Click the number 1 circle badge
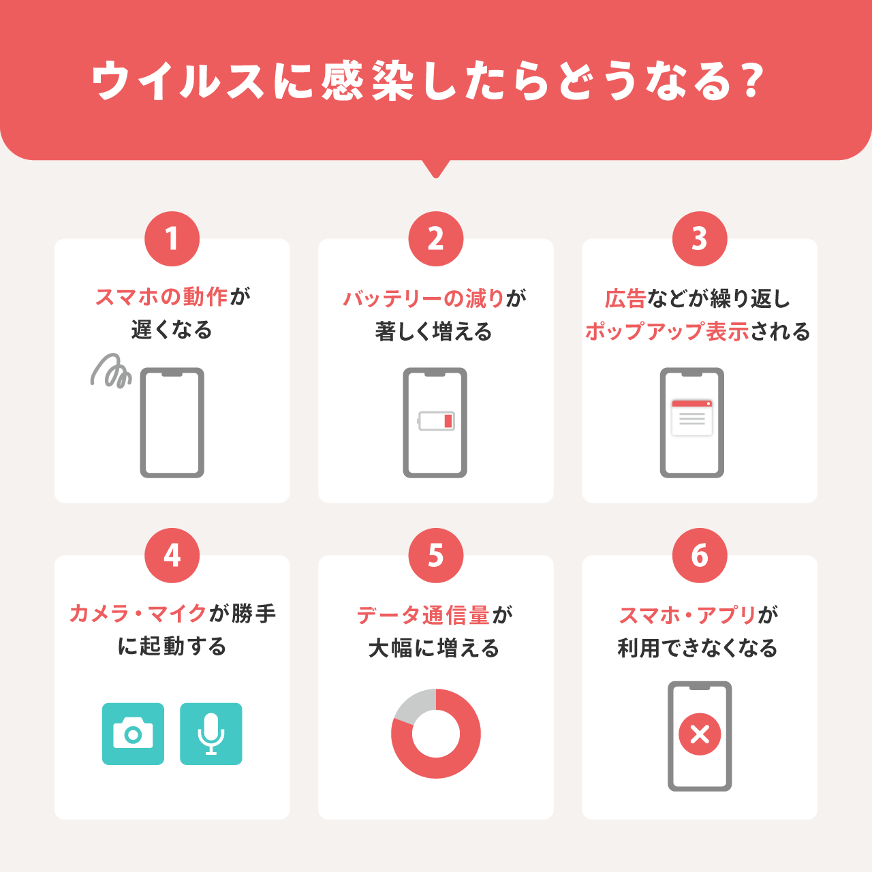click(172, 238)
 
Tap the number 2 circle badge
click(436, 238)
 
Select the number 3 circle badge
click(700, 238)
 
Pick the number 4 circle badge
click(172, 555)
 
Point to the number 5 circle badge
click(436, 555)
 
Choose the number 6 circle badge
click(700, 555)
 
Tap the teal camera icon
click(133, 734)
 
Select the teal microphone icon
click(211, 734)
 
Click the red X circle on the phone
click(700, 734)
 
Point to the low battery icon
click(435, 421)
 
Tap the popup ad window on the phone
click(692, 418)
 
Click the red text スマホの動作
click(161, 297)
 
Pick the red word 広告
click(625, 299)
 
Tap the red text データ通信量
click(423, 615)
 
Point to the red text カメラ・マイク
click(138, 614)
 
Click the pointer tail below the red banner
click(436, 169)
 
